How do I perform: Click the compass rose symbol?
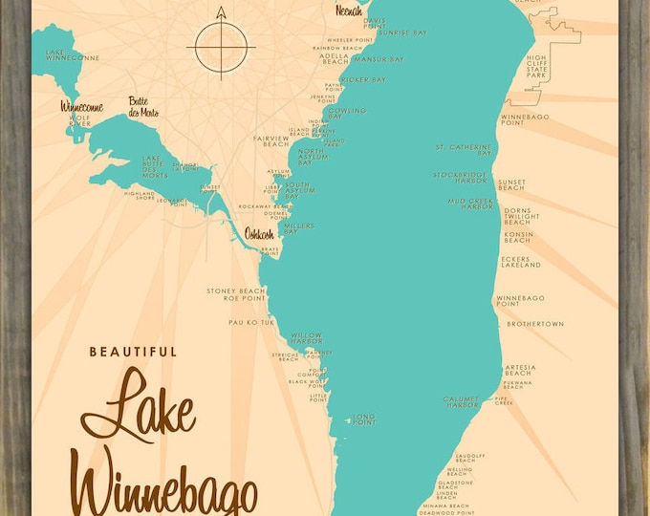click(x=222, y=44)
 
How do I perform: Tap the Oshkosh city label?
click(x=261, y=233)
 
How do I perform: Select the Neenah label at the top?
click(x=348, y=11)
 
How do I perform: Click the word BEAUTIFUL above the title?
click(x=133, y=352)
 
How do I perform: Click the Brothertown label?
click(x=534, y=324)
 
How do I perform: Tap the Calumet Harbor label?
click(x=460, y=401)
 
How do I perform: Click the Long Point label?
click(x=364, y=419)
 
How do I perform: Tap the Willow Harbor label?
click(x=306, y=338)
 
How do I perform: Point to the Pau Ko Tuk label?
click(x=250, y=323)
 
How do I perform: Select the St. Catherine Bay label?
click(x=464, y=150)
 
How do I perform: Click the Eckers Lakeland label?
click(x=519, y=265)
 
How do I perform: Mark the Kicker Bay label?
click(x=362, y=79)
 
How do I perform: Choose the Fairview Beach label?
click(x=271, y=140)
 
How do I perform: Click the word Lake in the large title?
click(x=139, y=412)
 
